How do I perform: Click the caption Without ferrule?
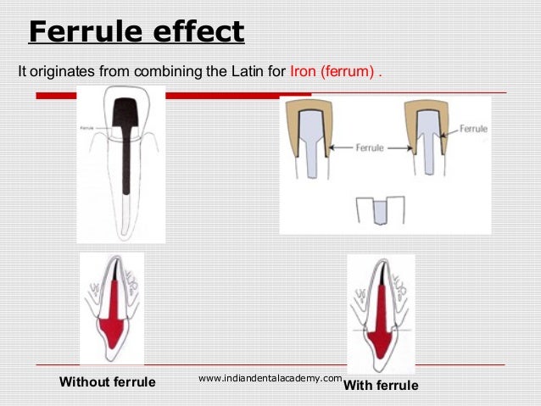coord(107,382)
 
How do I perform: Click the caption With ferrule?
coord(381,386)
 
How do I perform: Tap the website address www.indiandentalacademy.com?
coord(270,378)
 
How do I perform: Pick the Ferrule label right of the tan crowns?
coord(473,129)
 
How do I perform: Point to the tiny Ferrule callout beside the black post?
coord(86,128)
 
